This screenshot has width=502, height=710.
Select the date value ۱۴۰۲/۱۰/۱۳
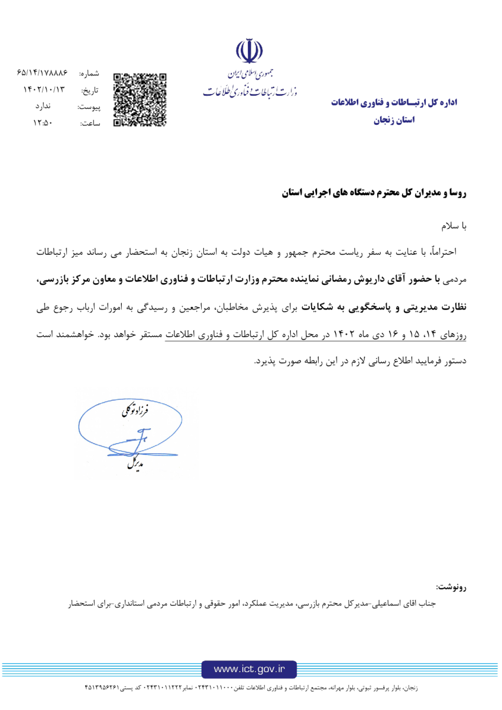click(x=43, y=91)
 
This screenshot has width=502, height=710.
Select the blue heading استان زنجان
click(x=395, y=120)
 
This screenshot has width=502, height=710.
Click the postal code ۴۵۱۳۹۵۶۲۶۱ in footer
click(x=106, y=688)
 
